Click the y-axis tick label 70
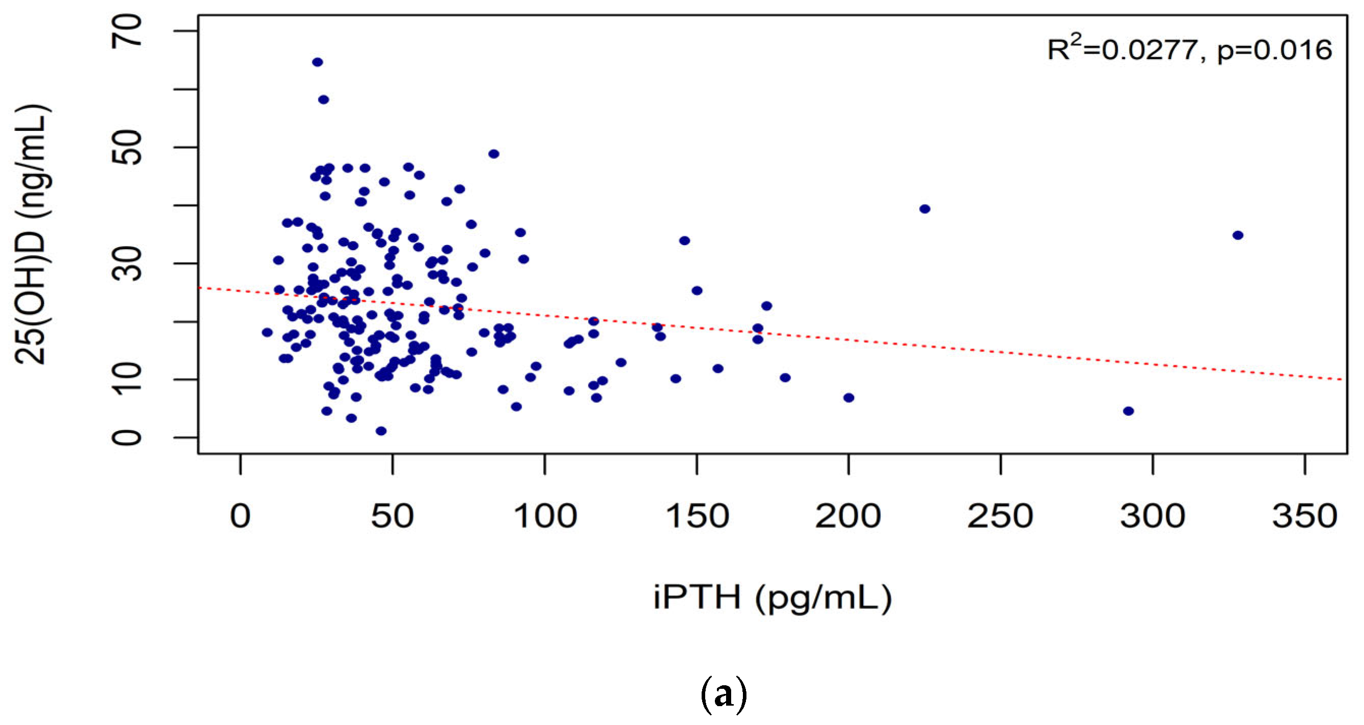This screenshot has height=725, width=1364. point(127,31)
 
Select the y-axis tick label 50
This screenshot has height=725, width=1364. point(127,147)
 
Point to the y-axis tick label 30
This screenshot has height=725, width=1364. point(127,263)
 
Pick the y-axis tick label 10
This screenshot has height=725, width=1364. point(127,379)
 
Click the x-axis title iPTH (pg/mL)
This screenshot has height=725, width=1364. point(772,597)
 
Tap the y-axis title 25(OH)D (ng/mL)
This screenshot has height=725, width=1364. point(32,234)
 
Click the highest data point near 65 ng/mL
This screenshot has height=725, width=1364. point(317,62)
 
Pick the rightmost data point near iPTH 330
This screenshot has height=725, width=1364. point(1238,235)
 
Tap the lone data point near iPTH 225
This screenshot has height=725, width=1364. point(924,209)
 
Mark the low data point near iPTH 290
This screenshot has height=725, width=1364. point(1129,411)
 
